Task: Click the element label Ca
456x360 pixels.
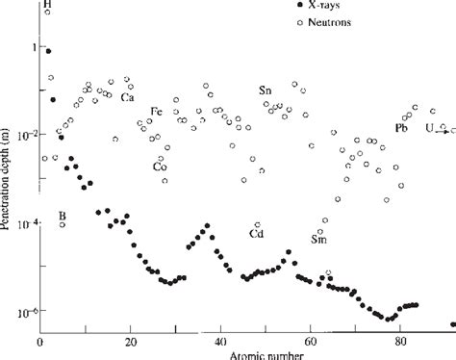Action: point(127,96)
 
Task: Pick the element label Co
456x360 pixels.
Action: point(160,166)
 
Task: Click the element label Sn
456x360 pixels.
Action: point(265,90)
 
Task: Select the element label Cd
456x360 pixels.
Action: point(257,234)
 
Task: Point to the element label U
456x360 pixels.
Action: point(429,128)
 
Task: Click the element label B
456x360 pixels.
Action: point(62,214)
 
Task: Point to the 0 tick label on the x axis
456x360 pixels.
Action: point(40,341)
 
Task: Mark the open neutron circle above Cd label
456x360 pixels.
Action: point(258,223)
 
